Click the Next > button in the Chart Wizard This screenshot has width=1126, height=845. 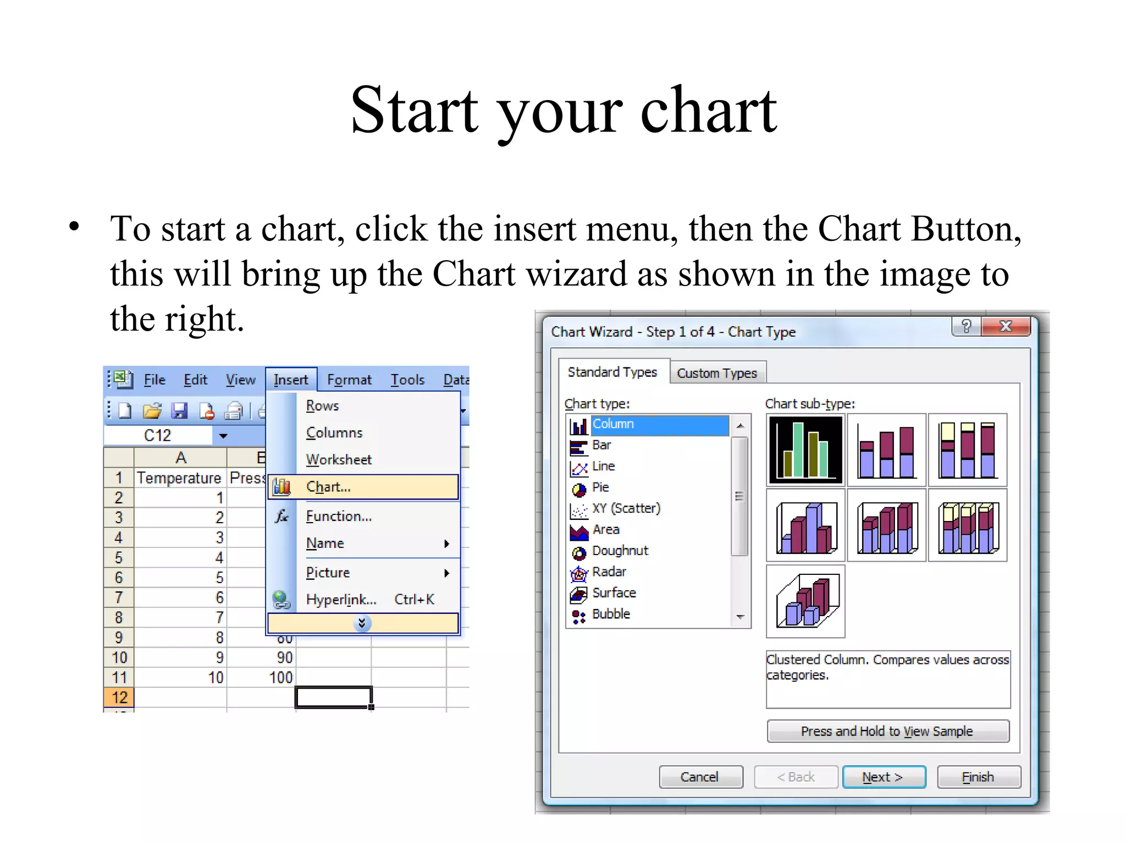pyautogui.click(x=884, y=777)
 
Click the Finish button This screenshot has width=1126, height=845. pyautogui.click(x=978, y=777)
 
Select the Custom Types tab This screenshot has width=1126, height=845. pyautogui.click(x=717, y=373)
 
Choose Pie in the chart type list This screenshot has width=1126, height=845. pyautogui.click(x=600, y=487)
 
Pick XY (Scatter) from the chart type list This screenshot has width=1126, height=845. pyautogui.click(x=626, y=508)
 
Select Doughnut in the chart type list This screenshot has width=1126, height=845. pyautogui.click(x=620, y=551)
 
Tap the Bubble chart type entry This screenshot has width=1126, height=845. pyautogui.click(x=611, y=614)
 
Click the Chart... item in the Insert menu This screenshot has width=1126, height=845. pyautogui.click(x=328, y=487)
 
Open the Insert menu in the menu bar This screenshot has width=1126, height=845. pyautogui.click(x=291, y=380)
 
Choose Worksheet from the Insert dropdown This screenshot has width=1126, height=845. pyautogui.click(x=339, y=459)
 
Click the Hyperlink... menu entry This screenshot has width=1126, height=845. pyautogui.click(x=341, y=599)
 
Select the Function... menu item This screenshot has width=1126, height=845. pyautogui.click(x=339, y=516)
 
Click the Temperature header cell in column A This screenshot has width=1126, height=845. pyautogui.click(x=179, y=478)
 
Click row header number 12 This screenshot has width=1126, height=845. pyautogui.click(x=119, y=698)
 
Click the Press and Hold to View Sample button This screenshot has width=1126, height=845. pyautogui.click(x=887, y=731)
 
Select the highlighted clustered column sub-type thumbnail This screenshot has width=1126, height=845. pyautogui.click(x=805, y=449)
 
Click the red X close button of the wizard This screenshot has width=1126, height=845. pyautogui.click(x=1006, y=326)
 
